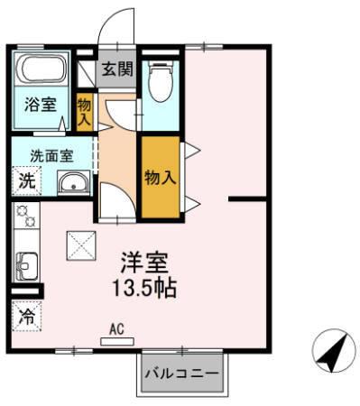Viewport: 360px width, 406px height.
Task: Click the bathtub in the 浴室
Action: tap(42, 69)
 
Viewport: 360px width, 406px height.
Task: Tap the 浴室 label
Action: tap(39, 104)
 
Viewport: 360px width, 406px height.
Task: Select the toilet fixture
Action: tap(161, 81)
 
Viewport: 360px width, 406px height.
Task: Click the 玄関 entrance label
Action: tap(116, 69)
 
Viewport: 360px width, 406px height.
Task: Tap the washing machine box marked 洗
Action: tap(26, 180)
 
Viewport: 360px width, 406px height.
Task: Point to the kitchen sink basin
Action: tap(24, 266)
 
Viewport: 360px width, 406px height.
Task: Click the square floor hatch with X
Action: tap(79, 245)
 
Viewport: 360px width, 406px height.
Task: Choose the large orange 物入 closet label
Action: tap(160, 178)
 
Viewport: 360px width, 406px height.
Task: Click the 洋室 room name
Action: tap(145, 262)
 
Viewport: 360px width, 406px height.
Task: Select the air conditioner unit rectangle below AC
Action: tap(115, 341)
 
